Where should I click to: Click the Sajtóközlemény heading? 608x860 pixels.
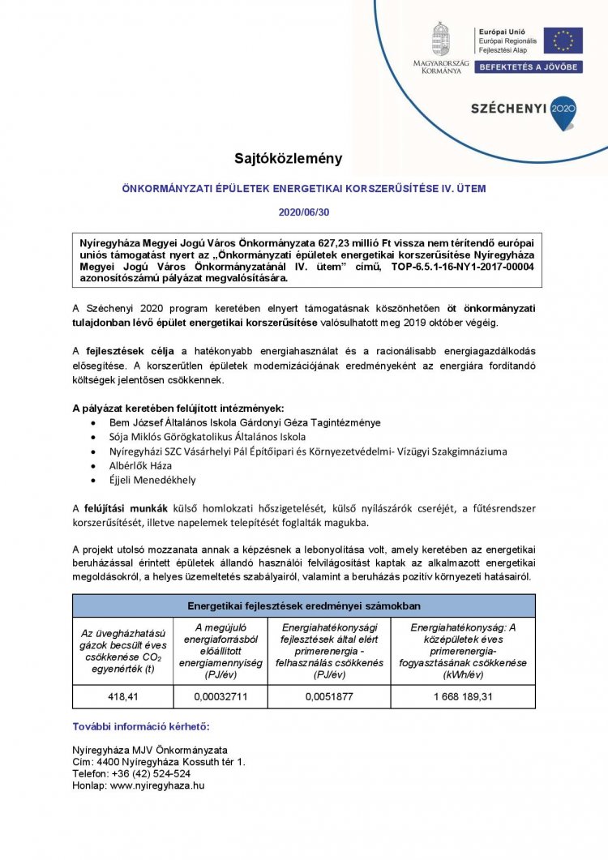point(284,158)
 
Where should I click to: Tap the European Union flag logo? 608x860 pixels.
point(563,41)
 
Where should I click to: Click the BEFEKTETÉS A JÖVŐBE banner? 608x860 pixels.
point(528,66)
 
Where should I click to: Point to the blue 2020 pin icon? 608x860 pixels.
point(563,112)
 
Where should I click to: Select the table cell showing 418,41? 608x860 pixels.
point(124,695)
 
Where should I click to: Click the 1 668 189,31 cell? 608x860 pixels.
point(463,695)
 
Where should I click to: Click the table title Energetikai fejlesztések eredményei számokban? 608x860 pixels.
point(304,605)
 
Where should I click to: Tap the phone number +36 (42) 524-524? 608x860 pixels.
point(150,773)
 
